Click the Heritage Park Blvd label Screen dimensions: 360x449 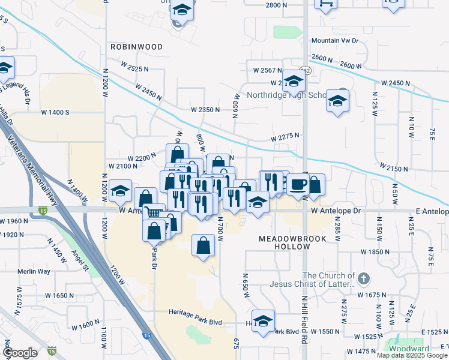point(195,322)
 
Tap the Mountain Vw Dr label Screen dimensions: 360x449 point(334,41)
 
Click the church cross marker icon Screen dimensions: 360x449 point(363,278)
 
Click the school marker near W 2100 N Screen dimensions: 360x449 point(121,191)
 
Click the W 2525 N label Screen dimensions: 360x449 point(134,69)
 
